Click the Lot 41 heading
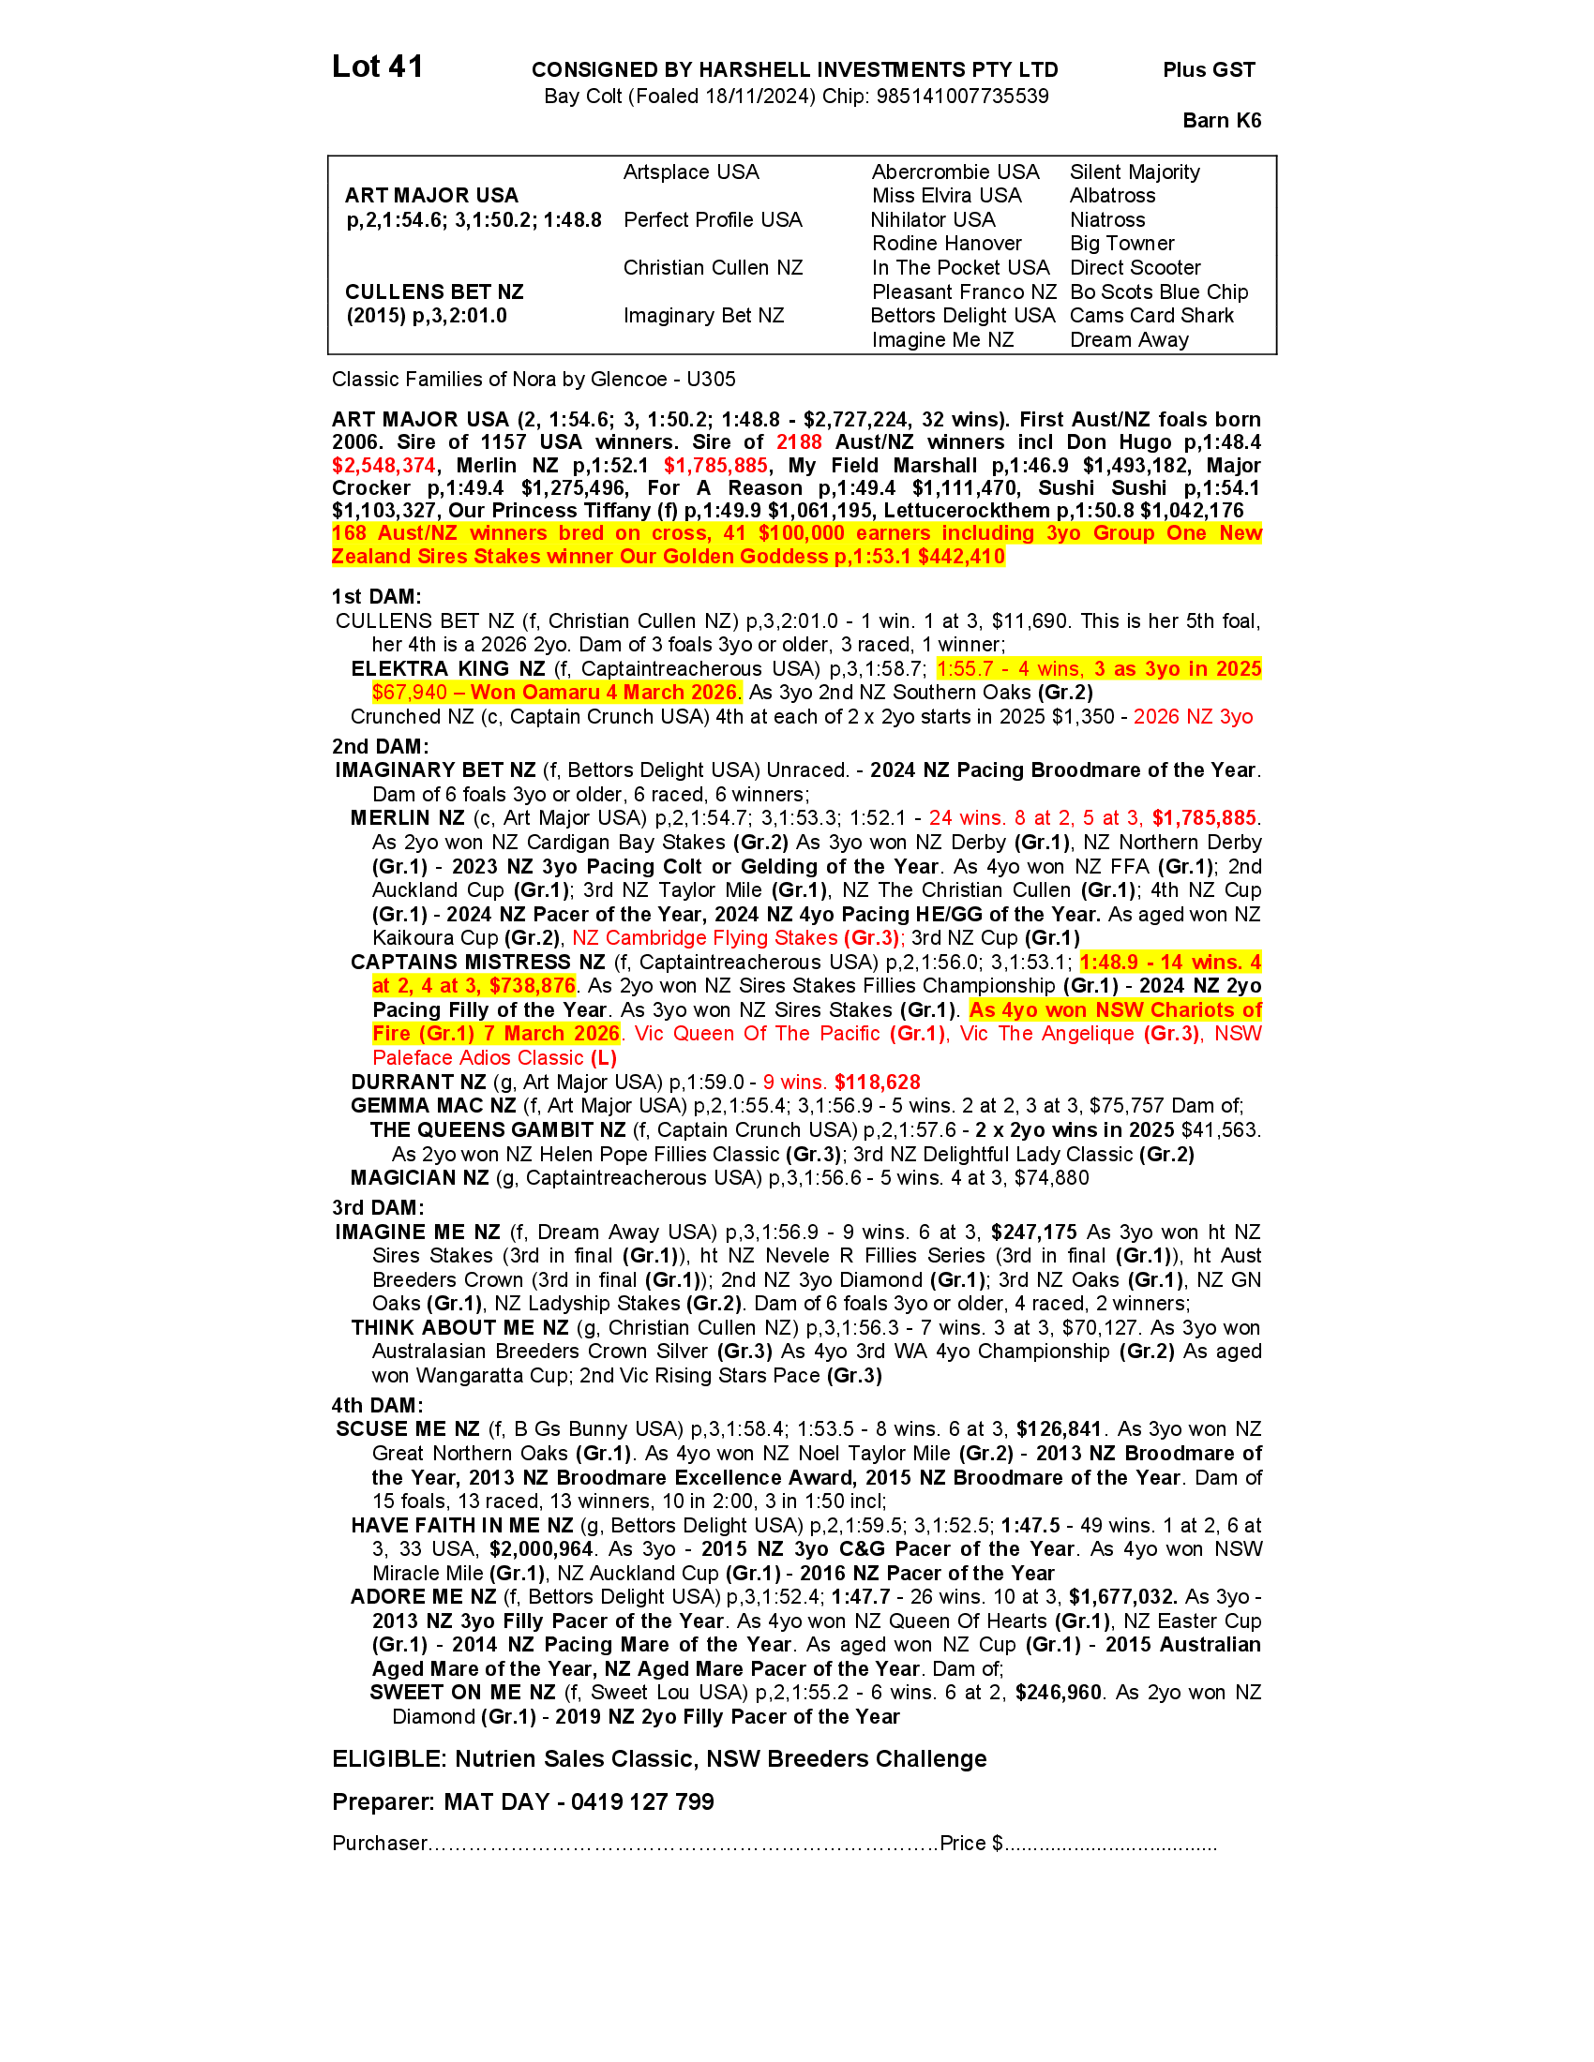coord(377,67)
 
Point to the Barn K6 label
coord(1221,121)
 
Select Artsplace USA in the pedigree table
coord(690,172)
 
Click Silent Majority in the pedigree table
coord(1135,172)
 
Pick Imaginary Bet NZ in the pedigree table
coord(702,316)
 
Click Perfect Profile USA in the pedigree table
coord(712,220)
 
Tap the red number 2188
coord(798,442)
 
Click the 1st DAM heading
coord(376,597)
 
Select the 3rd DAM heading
coord(377,1207)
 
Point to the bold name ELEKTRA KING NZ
coord(447,669)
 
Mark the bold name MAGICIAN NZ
coord(419,1178)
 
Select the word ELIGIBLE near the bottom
coord(388,1759)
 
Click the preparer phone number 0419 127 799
coord(642,1802)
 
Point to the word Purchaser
coord(380,1844)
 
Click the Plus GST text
coord(1209,70)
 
